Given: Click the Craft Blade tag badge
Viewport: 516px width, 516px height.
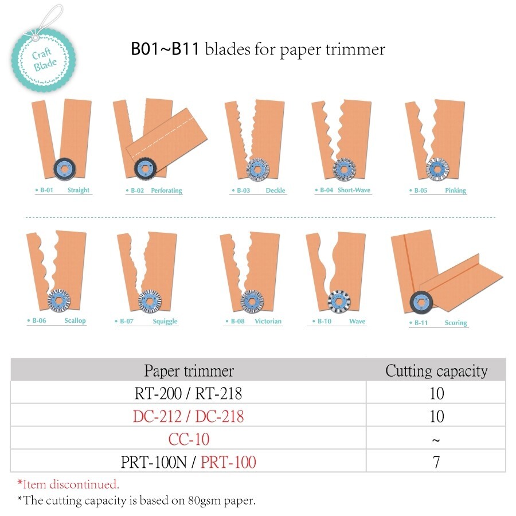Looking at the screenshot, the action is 44,60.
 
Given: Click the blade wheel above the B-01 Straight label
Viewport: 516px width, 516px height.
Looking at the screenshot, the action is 64,169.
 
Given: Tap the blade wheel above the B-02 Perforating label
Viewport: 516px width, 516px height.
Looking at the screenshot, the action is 146,169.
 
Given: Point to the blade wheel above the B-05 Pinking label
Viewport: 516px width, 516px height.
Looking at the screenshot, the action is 437,169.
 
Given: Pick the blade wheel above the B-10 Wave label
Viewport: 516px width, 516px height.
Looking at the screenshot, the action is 339,301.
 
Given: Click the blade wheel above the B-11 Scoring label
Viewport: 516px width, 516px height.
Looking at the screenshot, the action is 421,302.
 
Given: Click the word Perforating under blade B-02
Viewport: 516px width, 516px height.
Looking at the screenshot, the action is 166,190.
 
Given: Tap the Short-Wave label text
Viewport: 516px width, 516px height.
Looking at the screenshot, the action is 354,190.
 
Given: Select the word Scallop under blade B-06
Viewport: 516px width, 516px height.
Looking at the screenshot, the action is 75,320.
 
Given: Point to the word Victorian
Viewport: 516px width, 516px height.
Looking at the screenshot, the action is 268,321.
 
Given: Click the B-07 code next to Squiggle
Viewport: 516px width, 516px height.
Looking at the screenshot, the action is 126,321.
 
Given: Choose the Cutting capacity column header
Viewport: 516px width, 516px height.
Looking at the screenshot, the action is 436,371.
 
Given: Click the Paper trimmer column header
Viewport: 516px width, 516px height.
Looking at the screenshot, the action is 189,371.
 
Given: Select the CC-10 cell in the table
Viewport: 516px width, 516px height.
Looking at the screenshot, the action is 189,439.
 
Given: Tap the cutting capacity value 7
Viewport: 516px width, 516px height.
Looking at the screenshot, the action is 436,462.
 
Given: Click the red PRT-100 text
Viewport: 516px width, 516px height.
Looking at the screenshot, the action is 228,462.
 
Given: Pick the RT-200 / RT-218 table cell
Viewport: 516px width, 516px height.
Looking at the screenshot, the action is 188,393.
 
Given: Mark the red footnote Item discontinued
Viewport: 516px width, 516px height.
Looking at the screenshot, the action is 68,484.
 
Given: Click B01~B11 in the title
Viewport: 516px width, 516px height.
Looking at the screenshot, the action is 165,49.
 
